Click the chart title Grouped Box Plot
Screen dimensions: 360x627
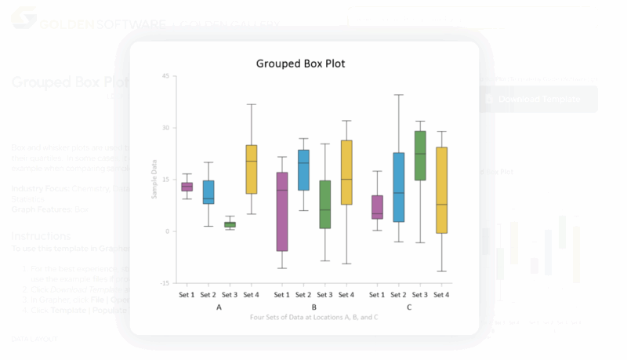[300, 64]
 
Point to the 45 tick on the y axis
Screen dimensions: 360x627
[165, 76]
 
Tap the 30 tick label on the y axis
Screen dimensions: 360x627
[165, 128]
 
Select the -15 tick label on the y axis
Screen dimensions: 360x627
[164, 283]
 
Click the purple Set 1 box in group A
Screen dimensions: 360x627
[187, 187]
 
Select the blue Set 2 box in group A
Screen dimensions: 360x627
[208, 191]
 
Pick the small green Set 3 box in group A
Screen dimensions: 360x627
[230, 225]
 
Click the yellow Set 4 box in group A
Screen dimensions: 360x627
[252, 169]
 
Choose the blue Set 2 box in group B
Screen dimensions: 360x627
[303, 169]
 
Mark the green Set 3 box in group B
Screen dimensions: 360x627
[324, 205]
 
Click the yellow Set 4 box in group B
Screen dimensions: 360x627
[346, 173]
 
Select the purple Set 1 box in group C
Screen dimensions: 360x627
[377, 207]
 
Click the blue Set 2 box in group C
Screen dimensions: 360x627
[398, 187]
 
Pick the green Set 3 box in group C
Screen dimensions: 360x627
[420, 155]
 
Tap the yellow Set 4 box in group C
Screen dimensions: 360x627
[441, 190]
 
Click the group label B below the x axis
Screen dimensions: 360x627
[313, 307]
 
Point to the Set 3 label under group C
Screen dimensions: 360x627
[420, 295]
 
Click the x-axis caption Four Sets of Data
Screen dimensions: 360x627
[313, 317]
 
